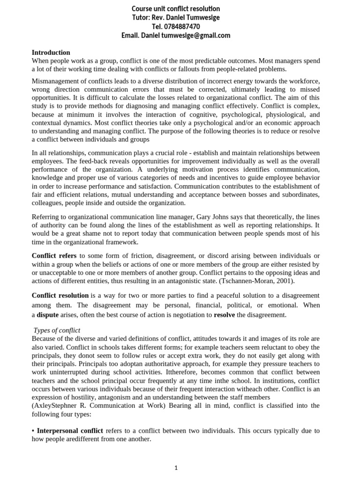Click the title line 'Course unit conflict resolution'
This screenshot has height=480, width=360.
pyautogui.click(x=176, y=9)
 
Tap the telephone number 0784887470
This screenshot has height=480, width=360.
pyautogui.click(x=182, y=27)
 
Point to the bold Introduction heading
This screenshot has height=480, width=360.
pyautogui.click(x=51, y=52)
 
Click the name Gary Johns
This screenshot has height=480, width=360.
pyautogui.click(x=211, y=217)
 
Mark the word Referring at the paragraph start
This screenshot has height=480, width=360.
pyautogui.click(x=45, y=217)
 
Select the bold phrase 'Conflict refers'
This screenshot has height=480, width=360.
pyautogui.click(x=54, y=255)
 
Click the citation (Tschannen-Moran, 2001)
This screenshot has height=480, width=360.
pyautogui.click(x=256, y=281)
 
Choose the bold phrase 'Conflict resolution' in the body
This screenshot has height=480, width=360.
pyautogui.click(x=60, y=295)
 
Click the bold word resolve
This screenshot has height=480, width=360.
pyautogui.click(x=225, y=315)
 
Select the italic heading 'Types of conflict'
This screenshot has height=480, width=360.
pyautogui.click(x=57, y=330)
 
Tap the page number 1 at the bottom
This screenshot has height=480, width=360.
pyautogui.click(x=176, y=467)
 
